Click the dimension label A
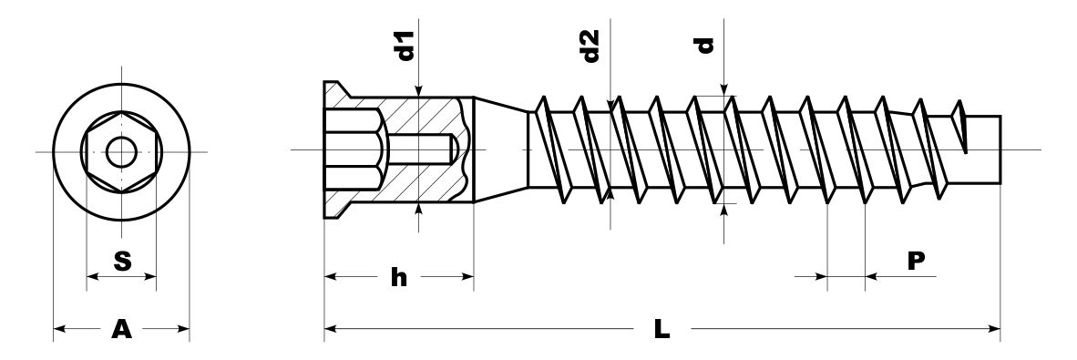tap(121, 330)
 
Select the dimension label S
tap(122, 261)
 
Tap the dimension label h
tap(399, 277)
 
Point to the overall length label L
tap(662, 330)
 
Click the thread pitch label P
tap(917, 261)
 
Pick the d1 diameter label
tap(407, 46)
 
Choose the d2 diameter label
tap(590, 46)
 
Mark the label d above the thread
tap(704, 46)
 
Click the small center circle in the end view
tap(121, 152)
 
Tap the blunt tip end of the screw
tap(1000, 149)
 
